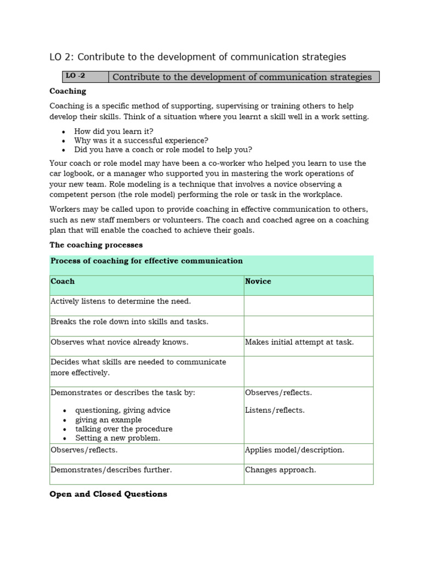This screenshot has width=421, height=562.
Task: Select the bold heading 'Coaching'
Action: (68, 91)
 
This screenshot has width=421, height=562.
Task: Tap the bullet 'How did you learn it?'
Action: (114, 132)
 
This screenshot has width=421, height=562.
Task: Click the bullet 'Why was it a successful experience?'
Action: (141, 140)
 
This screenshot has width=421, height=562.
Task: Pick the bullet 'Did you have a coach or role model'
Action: (163, 149)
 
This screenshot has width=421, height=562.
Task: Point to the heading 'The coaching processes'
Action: (96, 245)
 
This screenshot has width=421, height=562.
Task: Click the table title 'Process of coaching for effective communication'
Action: (146, 261)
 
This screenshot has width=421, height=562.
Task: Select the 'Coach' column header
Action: (62, 282)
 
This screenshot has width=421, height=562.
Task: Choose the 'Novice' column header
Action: (258, 282)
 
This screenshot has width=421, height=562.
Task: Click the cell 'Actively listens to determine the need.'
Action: (121, 301)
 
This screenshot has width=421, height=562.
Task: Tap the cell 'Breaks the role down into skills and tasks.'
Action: (129, 322)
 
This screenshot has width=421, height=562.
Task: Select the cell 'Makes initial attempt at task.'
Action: (299, 342)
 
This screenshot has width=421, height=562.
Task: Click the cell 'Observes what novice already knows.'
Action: (119, 342)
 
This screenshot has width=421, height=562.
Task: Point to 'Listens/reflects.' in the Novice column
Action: (275, 410)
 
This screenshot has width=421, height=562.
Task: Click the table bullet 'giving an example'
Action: (108, 420)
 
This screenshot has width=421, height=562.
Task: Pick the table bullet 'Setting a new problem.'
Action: (117, 438)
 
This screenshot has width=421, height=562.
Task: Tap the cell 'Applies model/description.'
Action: (294, 450)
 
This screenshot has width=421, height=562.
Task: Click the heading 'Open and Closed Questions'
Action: (109, 494)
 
